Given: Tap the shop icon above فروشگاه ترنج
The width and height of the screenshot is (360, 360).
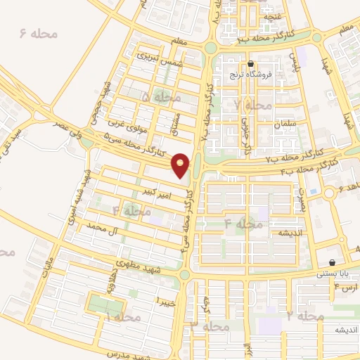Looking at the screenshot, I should point(250,63).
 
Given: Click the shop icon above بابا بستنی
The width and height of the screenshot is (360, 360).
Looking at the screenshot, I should point(331,263).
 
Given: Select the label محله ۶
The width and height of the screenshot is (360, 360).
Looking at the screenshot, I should point(32,34).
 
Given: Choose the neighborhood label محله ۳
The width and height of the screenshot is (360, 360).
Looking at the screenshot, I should point(211,327).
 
